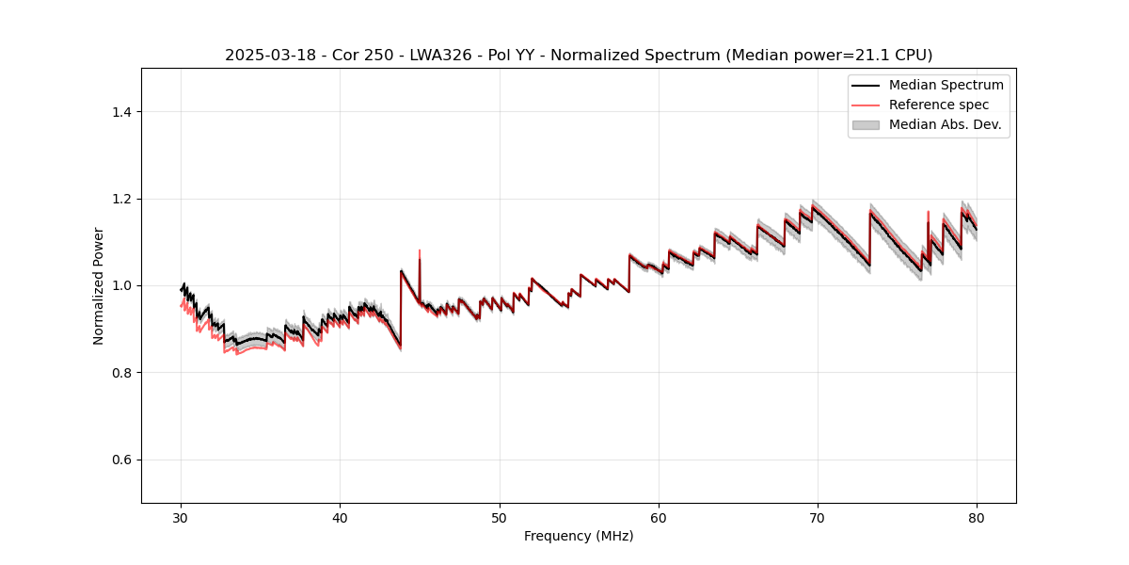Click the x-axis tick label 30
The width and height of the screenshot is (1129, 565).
[181, 517]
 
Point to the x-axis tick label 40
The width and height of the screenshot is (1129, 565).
[340, 517]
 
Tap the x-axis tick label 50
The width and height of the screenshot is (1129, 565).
[500, 517]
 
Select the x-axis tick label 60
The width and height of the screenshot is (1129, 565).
[659, 517]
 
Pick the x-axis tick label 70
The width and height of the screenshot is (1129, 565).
[818, 517]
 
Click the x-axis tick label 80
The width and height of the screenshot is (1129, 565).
[977, 517]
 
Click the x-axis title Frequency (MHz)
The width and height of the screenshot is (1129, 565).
[579, 536]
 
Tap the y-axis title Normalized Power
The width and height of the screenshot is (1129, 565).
[98, 285]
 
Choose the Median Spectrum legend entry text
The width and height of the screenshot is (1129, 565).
[946, 85]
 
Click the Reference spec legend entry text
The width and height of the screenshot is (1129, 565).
[939, 105]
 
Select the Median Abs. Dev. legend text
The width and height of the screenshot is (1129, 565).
[945, 124]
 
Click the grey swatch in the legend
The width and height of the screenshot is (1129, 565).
[866, 124]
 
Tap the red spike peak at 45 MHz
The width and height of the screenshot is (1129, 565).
[420, 251]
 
